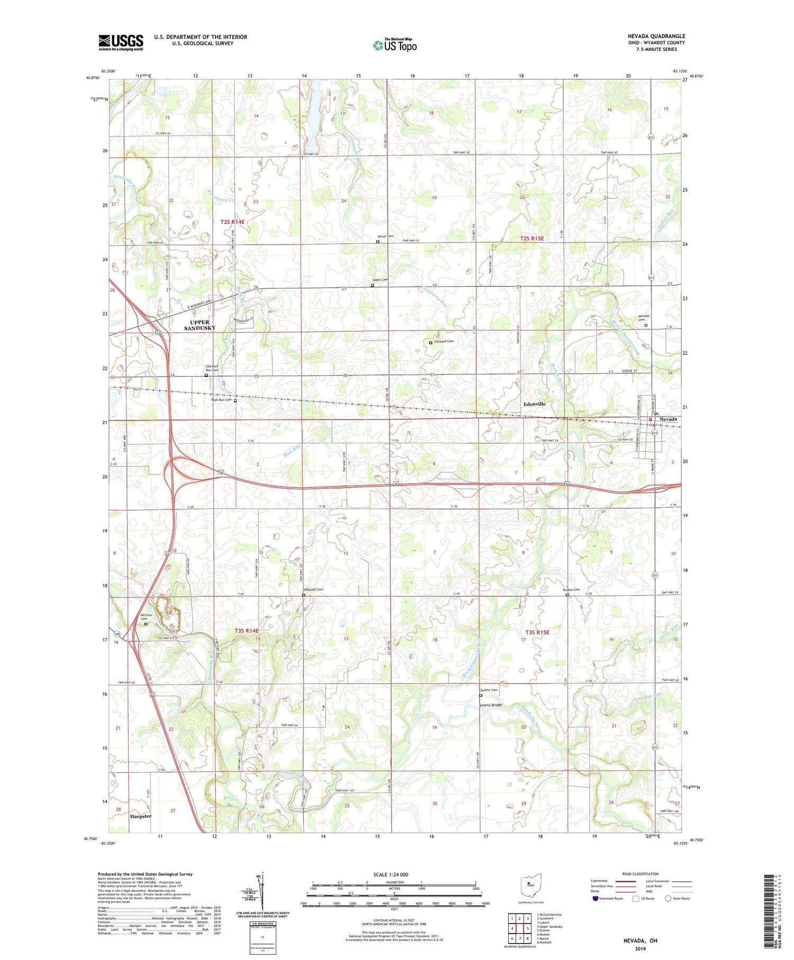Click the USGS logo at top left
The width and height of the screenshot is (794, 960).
pos(121,42)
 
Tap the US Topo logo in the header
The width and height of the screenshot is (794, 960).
pos(395,45)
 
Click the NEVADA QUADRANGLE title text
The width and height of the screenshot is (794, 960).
pos(656,36)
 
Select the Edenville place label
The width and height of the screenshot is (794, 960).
pos(534,404)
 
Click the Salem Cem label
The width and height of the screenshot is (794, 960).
pos(380,280)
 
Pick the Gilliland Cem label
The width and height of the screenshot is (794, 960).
pos(444,341)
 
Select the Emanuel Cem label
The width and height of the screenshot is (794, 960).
pos(313,589)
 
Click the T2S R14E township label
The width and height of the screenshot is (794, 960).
pos(232,222)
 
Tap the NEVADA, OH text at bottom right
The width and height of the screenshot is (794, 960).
pos(639,940)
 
